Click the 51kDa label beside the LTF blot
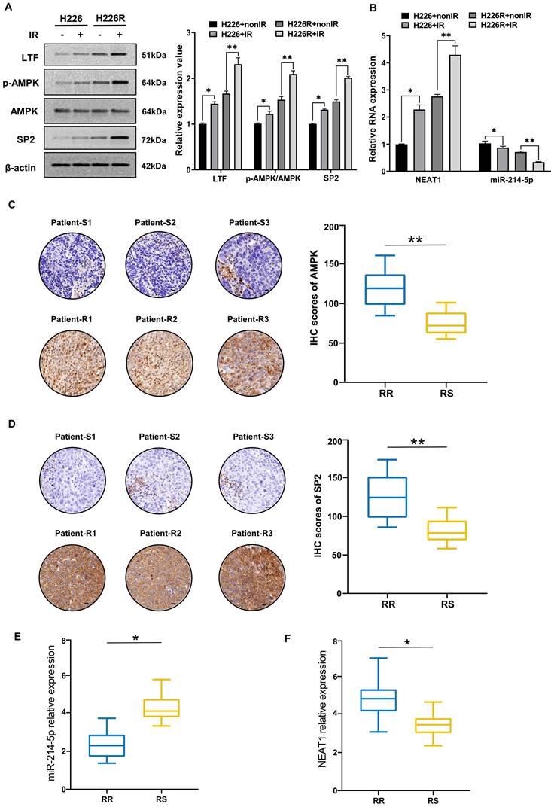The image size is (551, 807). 154,56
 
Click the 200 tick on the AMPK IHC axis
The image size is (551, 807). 327,225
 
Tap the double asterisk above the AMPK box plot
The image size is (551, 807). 415,239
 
